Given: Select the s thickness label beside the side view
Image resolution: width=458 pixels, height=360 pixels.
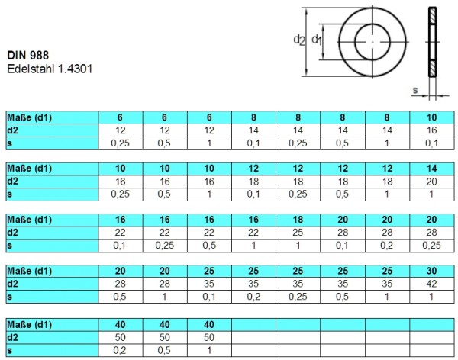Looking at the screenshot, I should coord(414,91).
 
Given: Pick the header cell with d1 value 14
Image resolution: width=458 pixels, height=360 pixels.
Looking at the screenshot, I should coord(432,169).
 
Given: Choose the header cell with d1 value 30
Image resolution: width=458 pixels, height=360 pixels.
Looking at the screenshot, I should coord(432,271).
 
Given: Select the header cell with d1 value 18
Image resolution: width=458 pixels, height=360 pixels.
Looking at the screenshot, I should coord(298,220).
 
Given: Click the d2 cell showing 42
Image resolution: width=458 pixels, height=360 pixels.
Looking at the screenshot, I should coord(432,283).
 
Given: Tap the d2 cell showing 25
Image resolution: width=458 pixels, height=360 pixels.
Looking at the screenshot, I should coord(298,232).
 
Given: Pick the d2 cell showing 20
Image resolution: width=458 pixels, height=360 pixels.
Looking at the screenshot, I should coord(432,181).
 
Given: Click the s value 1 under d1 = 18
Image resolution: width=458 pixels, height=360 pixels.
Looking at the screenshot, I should coord(298,245).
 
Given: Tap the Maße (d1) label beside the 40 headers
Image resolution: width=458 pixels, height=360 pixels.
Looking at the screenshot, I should coord(29,323).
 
